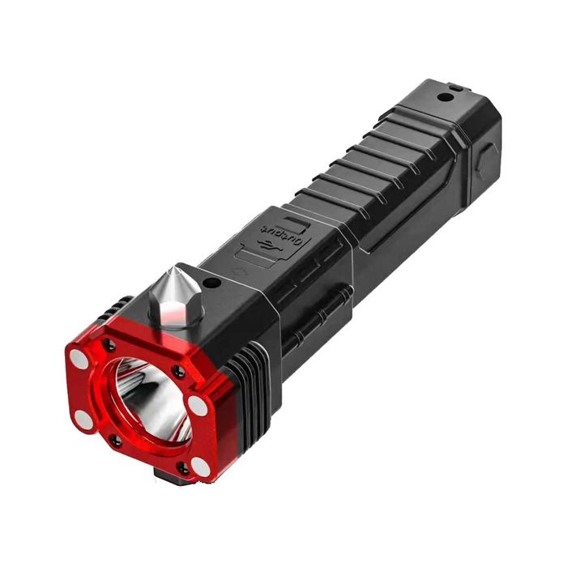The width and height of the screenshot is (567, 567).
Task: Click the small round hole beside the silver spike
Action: pyautogui.click(x=212, y=284)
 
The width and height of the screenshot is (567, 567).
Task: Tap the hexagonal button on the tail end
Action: pyautogui.click(x=484, y=160)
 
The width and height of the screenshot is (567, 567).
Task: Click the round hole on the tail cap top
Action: pyautogui.click(x=444, y=97)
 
